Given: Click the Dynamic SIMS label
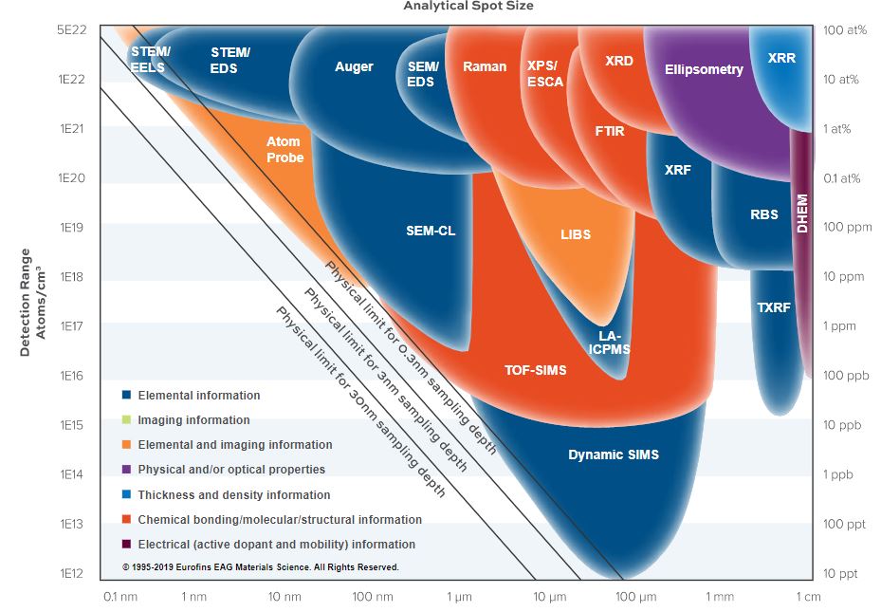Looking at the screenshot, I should [613, 454].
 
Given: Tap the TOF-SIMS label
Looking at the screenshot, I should [535, 370].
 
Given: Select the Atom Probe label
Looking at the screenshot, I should [284, 149].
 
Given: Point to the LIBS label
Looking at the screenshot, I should [575, 234].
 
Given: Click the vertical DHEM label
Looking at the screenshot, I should [802, 214].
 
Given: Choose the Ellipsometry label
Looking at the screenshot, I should [704, 69].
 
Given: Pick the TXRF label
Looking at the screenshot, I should [774, 307].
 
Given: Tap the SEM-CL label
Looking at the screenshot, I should [431, 231].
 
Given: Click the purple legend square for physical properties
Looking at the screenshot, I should [126, 470].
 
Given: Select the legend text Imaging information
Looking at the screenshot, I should [193, 419].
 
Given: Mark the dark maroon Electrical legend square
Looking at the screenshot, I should [126, 545].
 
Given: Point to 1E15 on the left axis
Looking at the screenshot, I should [72, 425].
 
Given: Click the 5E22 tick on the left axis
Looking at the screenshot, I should [72, 30].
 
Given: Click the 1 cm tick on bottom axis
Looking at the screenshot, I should [809, 597].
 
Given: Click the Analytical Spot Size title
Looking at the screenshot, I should [468, 6].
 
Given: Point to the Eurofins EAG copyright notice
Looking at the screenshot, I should [260, 567].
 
